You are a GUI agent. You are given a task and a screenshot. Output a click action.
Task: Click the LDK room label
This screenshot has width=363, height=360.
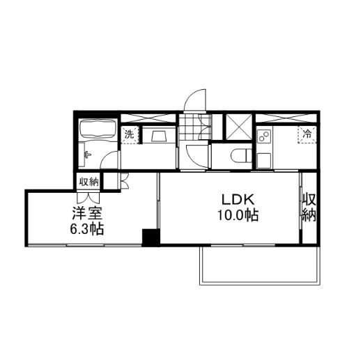(238, 199)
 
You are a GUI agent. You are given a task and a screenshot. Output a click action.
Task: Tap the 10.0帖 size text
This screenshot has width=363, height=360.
(238, 215)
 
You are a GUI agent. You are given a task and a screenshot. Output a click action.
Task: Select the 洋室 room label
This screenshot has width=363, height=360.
(87, 213)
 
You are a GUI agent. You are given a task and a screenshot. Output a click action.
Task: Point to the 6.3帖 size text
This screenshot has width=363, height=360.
(87, 229)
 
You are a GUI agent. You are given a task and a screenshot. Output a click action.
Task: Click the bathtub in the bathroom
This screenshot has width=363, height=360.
(98, 129)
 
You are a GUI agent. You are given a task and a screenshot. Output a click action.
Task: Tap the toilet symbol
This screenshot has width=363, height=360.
(241, 155)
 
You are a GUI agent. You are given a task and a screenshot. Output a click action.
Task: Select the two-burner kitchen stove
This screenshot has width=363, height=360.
(264, 136)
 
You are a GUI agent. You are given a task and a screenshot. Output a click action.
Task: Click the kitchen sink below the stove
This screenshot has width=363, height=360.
(264, 160)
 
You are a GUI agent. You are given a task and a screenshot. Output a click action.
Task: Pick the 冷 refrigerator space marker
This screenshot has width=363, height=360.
(307, 134)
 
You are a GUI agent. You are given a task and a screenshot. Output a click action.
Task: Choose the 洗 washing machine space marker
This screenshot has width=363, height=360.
(130, 134)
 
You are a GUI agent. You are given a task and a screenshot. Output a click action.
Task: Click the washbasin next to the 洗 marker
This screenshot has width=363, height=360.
(159, 136)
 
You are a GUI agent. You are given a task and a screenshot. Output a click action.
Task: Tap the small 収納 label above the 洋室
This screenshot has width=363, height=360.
(88, 182)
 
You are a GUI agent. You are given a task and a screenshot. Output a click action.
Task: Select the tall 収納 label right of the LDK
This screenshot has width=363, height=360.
(309, 207)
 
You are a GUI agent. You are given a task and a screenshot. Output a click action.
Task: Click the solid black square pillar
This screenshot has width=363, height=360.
(151, 237)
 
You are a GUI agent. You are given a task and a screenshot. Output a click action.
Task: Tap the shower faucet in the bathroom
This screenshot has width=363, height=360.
(88, 154)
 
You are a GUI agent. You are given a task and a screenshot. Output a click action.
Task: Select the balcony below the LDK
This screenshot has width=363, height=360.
(260, 265)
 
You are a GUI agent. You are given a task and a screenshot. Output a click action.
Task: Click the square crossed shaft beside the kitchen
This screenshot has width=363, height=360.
(239, 127)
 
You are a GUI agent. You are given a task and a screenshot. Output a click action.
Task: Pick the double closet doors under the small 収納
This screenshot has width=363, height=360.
(88, 197)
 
